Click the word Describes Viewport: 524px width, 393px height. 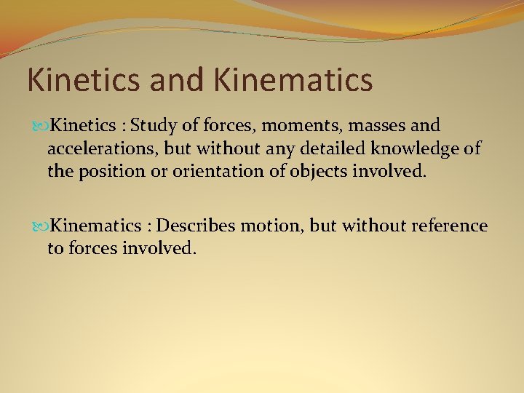196,226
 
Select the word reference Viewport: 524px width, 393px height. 449,226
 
